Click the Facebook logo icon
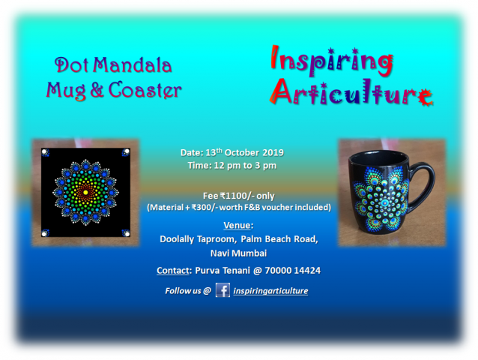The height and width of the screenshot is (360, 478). [223, 290]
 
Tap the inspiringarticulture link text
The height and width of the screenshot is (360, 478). [270, 291]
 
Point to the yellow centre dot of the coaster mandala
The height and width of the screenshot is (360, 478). [85, 192]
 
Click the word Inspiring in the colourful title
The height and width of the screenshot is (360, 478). [332, 61]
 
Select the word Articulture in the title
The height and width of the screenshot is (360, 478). [351, 91]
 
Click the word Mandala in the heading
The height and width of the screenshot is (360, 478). [133, 65]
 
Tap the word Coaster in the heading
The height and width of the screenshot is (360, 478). [145, 90]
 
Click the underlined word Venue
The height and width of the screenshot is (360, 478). [237, 226]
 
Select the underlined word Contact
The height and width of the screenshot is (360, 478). [173, 271]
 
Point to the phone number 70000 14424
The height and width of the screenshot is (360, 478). [293, 271]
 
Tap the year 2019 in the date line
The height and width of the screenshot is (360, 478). [273, 152]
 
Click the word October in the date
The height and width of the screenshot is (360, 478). [242, 152]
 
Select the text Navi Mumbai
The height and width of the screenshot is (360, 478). [239, 253]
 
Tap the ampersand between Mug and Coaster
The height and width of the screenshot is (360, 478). [97, 90]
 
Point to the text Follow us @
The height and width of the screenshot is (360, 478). [188, 291]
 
